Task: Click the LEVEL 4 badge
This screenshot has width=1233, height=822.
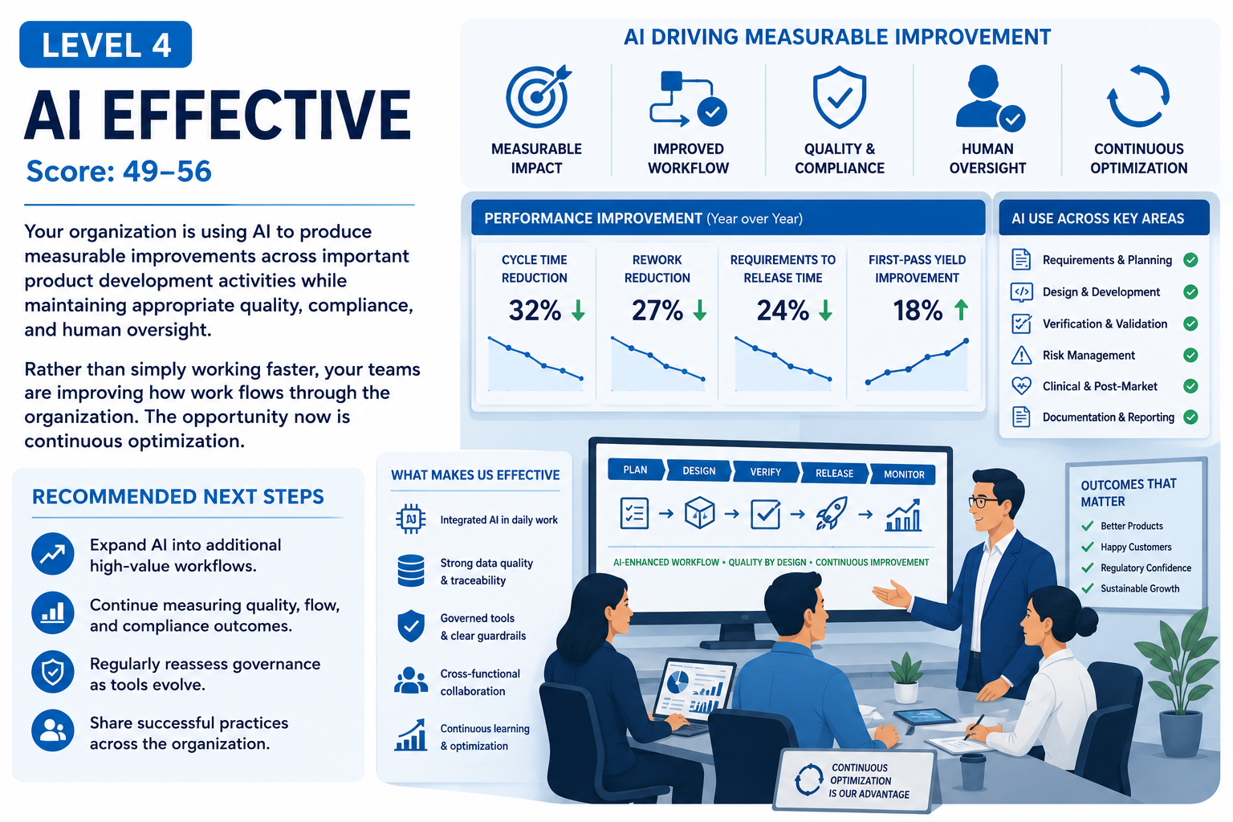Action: click(x=105, y=45)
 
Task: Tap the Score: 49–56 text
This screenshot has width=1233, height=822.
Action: click(x=119, y=171)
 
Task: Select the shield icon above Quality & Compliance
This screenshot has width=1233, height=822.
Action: click(x=840, y=97)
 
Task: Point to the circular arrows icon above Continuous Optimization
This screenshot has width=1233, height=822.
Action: click(x=1138, y=97)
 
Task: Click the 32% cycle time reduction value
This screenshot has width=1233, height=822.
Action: click(x=535, y=311)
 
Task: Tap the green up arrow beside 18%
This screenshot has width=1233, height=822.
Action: click(x=961, y=310)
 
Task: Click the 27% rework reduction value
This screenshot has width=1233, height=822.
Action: click(x=657, y=311)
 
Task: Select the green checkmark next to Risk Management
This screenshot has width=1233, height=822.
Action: click(x=1190, y=355)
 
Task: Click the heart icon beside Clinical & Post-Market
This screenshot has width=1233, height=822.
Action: click(x=1022, y=386)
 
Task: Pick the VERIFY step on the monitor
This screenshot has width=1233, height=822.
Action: click(x=765, y=472)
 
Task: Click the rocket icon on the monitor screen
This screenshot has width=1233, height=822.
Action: click(x=831, y=513)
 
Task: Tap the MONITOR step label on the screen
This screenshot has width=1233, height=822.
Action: click(x=904, y=474)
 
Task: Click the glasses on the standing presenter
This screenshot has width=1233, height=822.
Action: click(x=985, y=502)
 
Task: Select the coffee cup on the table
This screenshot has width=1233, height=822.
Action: click(x=973, y=771)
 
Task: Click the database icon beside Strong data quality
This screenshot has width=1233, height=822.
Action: click(x=411, y=571)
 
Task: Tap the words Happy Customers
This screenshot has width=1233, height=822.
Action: click(x=1136, y=547)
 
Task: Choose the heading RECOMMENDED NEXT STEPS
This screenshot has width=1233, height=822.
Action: click(x=177, y=497)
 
